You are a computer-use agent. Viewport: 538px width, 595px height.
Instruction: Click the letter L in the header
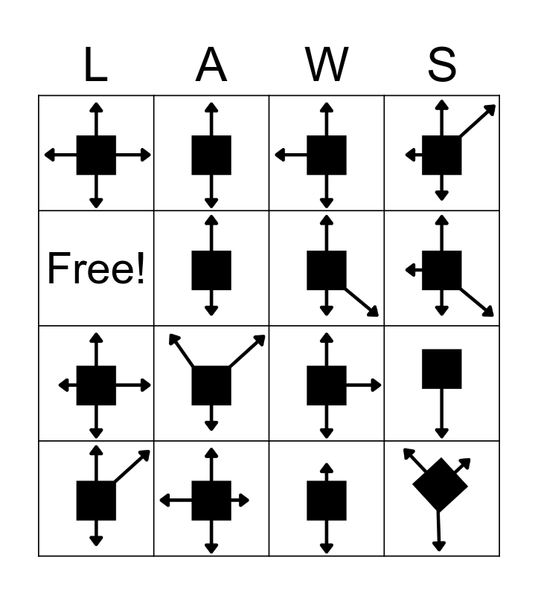(96, 64)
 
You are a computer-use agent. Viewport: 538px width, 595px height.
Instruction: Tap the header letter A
(211, 64)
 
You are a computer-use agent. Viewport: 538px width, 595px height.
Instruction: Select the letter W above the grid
(327, 64)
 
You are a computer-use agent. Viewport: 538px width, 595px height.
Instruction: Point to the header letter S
(442, 64)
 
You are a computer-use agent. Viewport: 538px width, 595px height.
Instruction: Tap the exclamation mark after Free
(141, 268)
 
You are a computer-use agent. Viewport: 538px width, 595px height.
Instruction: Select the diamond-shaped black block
(440, 485)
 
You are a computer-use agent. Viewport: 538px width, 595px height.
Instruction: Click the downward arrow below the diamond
(439, 531)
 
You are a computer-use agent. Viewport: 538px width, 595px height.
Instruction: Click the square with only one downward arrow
(442, 369)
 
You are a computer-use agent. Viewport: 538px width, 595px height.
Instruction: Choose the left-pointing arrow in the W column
(291, 155)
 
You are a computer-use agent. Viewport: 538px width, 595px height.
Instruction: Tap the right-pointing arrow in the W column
(364, 385)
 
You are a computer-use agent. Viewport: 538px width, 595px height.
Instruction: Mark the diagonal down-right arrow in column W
(362, 303)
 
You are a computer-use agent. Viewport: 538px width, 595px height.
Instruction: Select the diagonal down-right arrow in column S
(477, 303)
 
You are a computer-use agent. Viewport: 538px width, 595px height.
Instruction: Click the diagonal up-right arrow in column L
(132, 466)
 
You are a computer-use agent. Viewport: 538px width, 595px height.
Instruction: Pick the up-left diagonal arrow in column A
(182, 350)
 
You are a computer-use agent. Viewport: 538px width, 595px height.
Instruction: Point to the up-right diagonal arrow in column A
(247, 350)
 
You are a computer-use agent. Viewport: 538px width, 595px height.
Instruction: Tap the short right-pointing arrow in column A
(240, 501)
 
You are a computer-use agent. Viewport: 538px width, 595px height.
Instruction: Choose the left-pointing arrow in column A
(176, 501)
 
